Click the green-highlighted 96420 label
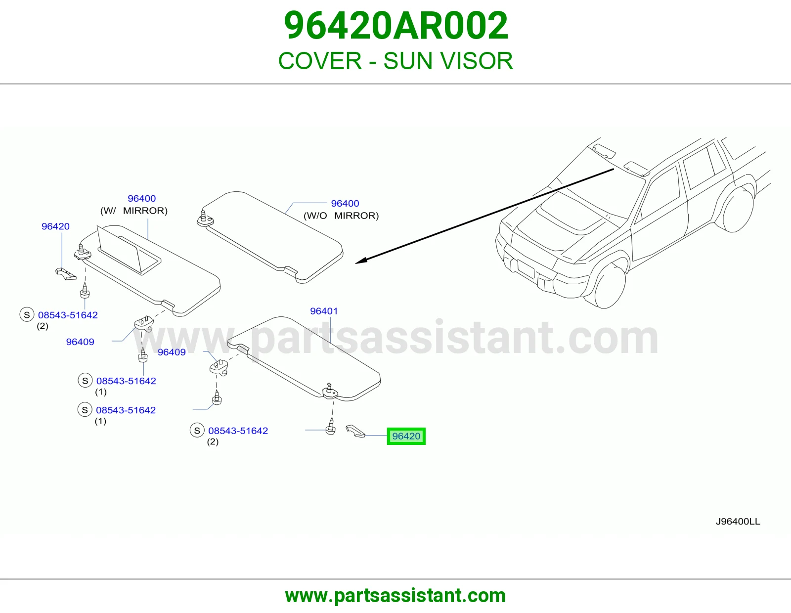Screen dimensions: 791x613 click(x=406, y=436)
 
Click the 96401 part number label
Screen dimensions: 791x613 click(x=324, y=311)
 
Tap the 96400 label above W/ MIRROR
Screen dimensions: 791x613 click(x=141, y=199)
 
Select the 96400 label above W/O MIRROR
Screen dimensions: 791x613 click(x=345, y=204)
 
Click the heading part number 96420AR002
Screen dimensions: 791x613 click(x=395, y=26)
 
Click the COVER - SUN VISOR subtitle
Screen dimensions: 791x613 click(x=395, y=61)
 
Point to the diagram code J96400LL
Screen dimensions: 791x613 click(x=738, y=522)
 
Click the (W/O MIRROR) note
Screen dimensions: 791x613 click(x=341, y=216)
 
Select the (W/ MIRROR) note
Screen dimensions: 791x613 click(x=134, y=211)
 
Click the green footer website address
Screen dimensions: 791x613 click(x=395, y=596)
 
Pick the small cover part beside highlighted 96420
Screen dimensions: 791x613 click(x=355, y=431)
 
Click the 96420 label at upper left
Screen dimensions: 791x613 click(x=55, y=226)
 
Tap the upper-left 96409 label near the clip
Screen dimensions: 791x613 click(x=80, y=342)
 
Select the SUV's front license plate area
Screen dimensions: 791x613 click(x=525, y=268)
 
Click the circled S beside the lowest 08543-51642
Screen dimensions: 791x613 click(x=197, y=431)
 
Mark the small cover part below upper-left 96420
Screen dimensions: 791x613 click(x=66, y=274)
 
